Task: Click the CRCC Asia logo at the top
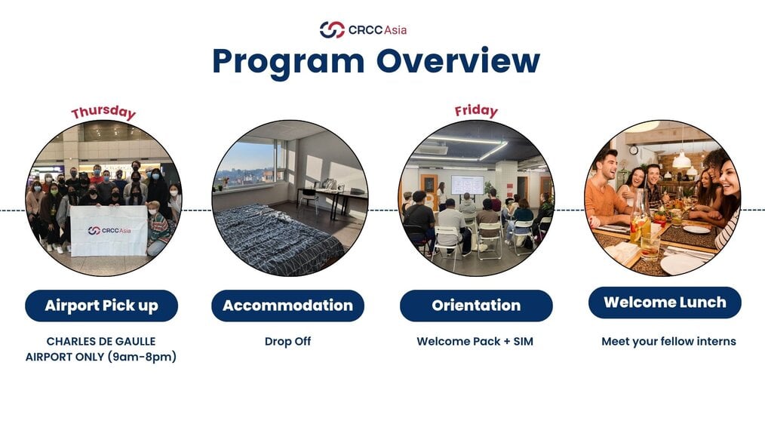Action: click(363, 29)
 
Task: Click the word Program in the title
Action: click(288, 62)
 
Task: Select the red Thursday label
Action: click(103, 112)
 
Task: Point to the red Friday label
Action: click(476, 111)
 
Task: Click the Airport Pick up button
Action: click(102, 306)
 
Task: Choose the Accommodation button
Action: click(288, 306)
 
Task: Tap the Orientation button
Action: click(476, 306)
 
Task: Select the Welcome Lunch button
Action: click(665, 303)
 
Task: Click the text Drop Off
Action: click(288, 341)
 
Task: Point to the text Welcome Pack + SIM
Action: click(475, 341)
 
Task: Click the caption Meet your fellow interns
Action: click(668, 341)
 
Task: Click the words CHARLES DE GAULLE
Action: click(101, 341)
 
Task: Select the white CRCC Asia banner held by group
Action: click(109, 230)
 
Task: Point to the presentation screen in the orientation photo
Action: click(468, 185)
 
